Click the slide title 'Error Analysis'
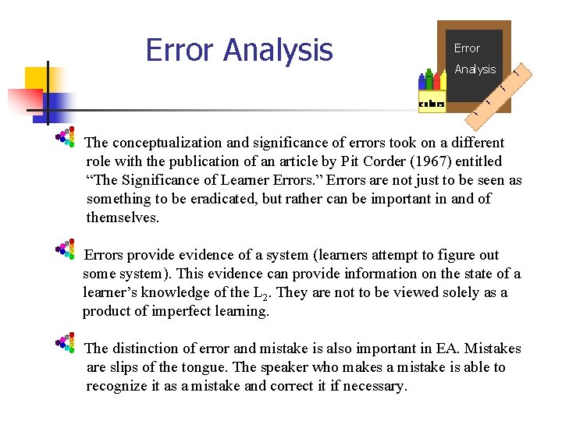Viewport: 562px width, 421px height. click(x=239, y=51)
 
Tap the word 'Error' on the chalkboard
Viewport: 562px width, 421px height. click(x=467, y=48)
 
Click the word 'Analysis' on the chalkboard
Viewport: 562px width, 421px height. click(x=475, y=69)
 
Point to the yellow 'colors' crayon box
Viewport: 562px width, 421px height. click(x=432, y=104)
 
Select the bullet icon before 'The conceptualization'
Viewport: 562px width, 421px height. click(x=66, y=137)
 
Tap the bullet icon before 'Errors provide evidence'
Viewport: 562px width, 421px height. click(x=66, y=249)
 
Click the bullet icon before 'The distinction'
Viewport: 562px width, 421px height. click(x=66, y=343)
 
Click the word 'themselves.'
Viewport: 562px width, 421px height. click(x=123, y=218)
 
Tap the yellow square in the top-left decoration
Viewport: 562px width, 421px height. click(x=37, y=79)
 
